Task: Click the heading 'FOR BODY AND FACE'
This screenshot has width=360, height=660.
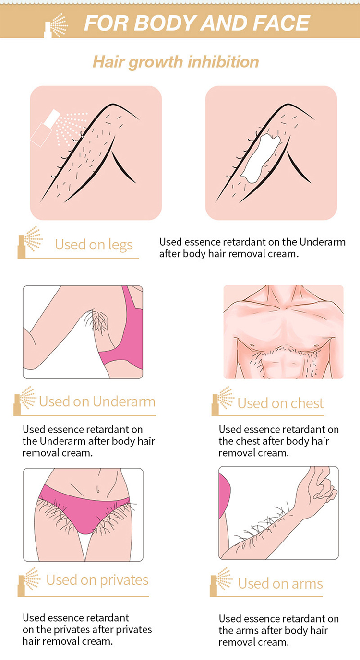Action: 197,23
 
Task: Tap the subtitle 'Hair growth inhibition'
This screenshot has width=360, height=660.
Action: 176,62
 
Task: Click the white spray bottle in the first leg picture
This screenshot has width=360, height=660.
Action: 45,127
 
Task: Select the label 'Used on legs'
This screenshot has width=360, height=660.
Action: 94,245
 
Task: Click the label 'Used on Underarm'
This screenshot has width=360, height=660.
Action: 97,401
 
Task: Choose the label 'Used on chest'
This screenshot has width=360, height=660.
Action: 280,403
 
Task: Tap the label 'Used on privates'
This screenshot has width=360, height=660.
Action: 97,580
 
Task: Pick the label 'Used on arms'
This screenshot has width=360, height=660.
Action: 280,583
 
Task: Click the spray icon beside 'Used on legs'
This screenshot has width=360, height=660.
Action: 30,242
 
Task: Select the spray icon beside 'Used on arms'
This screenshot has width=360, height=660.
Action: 221,582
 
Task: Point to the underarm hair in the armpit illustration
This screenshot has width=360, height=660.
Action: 98,321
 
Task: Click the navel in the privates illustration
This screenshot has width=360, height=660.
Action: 98,490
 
